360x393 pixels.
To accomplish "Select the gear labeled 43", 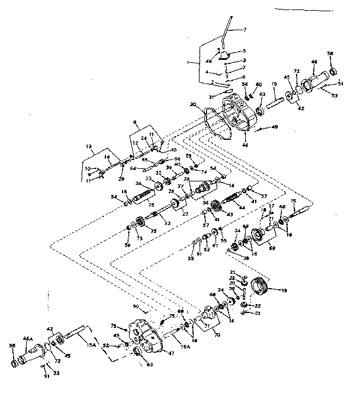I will pyautogui.click(x=216, y=207).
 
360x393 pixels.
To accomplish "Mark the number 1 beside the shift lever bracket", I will pyautogui.click(x=188, y=62).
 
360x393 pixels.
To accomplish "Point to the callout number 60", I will pyautogui.click(x=258, y=85).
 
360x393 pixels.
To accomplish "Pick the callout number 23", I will pyautogui.click(x=168, y=223).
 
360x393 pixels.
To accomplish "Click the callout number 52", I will pyautogui.click(x=105, y=344).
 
